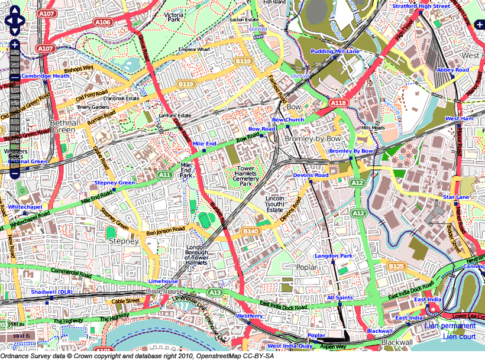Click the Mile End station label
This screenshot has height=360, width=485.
[204, 144]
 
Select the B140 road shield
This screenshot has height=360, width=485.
[250, 231]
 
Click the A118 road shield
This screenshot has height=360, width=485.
[338, 103]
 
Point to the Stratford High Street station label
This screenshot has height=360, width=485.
[421, 6]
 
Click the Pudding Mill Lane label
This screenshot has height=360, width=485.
[335, 51]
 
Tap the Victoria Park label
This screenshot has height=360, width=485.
[174, 17]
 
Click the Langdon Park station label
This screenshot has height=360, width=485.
[334, 256]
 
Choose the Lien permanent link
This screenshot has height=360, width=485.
[450, 326]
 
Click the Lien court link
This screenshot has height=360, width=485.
[459, 337]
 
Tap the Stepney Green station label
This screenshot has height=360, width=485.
[115, 183]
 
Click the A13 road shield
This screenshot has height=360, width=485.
[216, 292]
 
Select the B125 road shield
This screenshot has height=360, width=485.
[396, 267]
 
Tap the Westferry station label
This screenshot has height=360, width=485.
[249, 316]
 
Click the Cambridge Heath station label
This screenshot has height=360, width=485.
[46, 76]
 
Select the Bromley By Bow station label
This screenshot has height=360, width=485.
[351, 151]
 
